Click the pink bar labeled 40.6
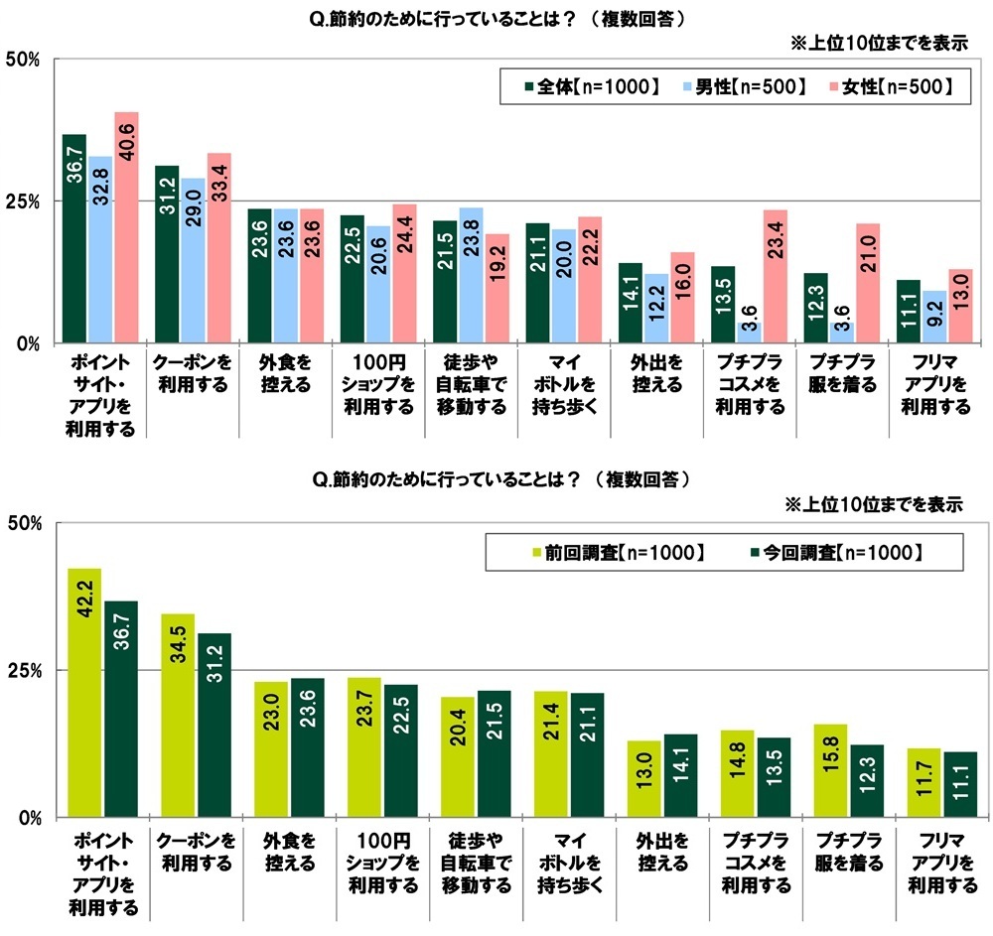126,227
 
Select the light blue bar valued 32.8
99,249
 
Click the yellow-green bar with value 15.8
829,770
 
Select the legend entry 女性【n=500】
890,86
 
